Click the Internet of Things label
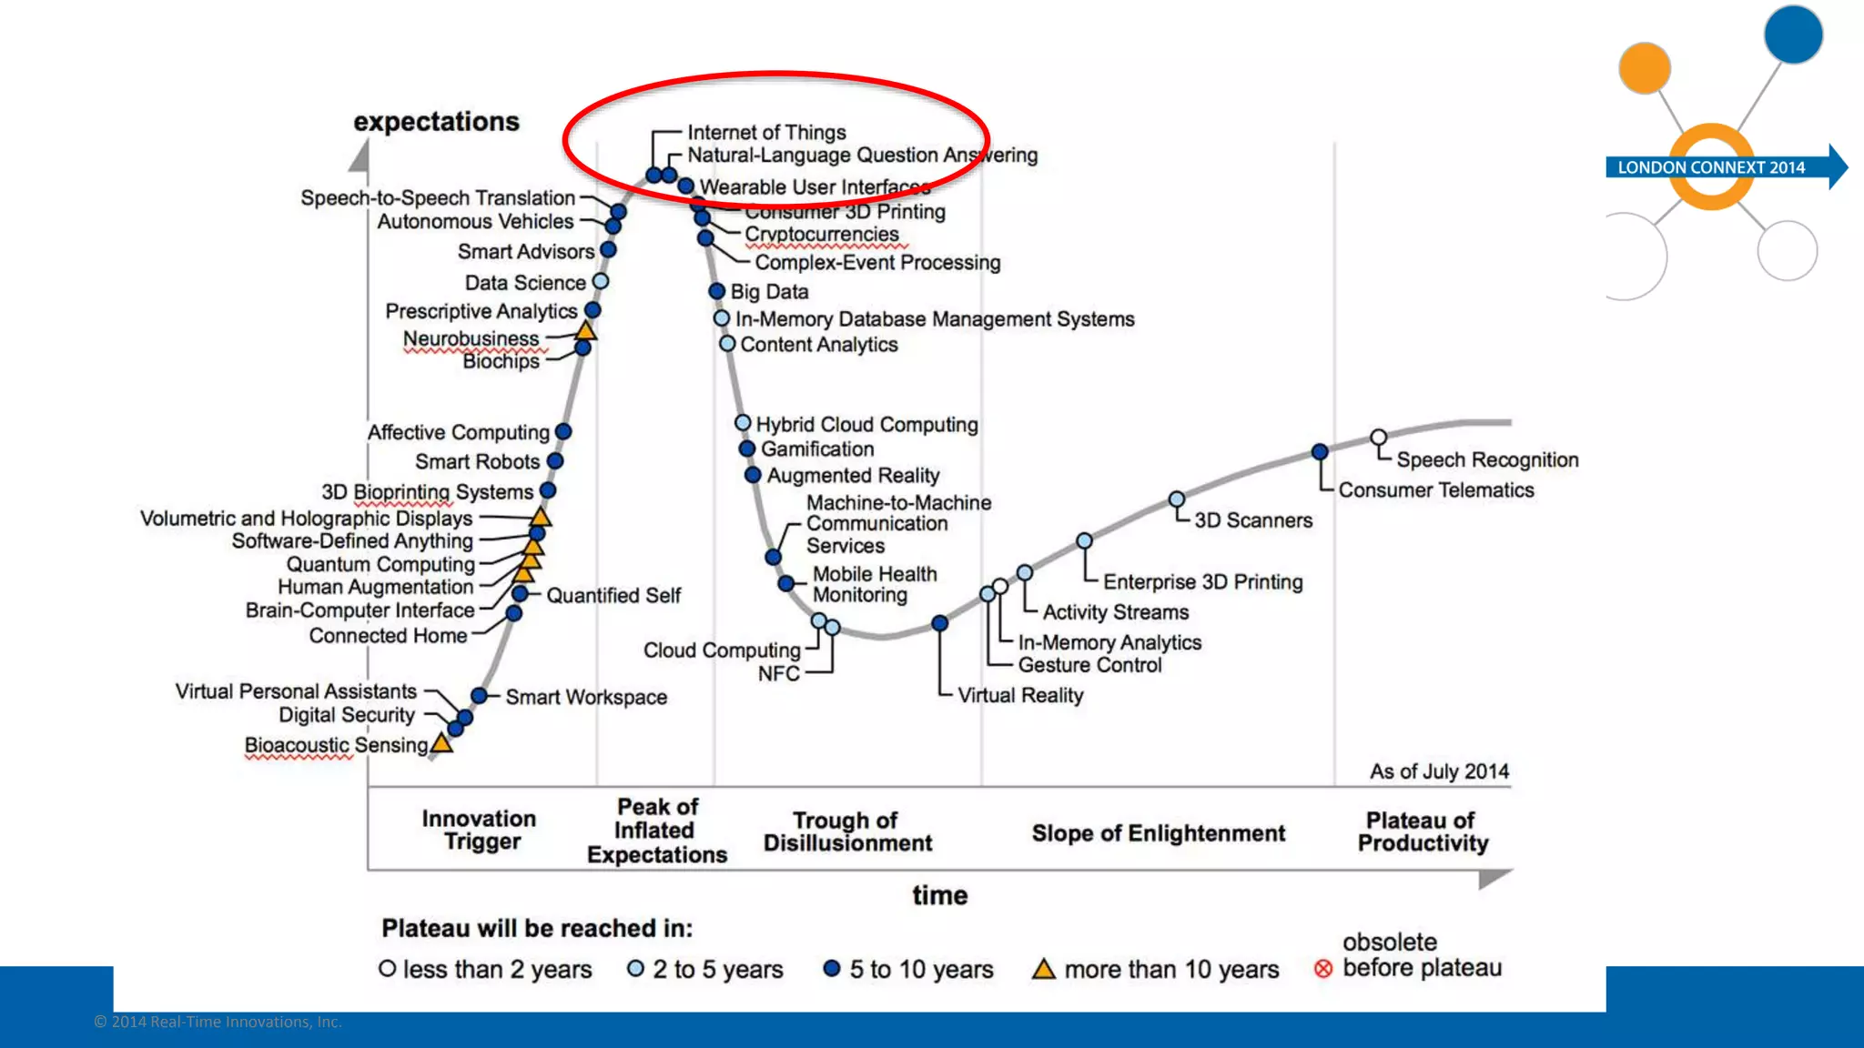click(766, 133)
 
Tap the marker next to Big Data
click(717, 291)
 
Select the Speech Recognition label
click(1487, 460)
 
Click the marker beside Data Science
click(601, 282)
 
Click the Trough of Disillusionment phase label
click(847, 831)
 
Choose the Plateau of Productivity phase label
click(1423, 831)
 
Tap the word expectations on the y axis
click(436, 122)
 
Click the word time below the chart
click(939, 895)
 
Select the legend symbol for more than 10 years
click(1043, 970)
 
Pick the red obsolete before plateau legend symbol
click(1323, 970)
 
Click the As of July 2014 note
click(1439, 771)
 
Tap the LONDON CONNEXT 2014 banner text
click(1711, 167)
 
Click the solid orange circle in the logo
click(1645, 68)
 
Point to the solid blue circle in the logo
click(1793, 35)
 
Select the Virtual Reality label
click(1020, 696)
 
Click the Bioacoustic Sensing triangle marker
click(441, 743)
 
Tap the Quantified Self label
click(613, 596)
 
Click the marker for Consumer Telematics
click(1320, 451)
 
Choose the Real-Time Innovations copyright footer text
click(218, 1023)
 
